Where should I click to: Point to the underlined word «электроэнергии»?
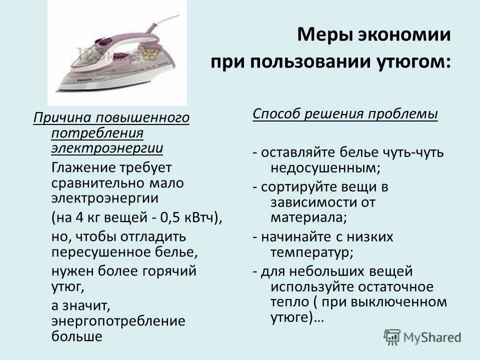click(x=106, y=148)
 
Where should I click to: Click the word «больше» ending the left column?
click(x=77, y=336)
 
